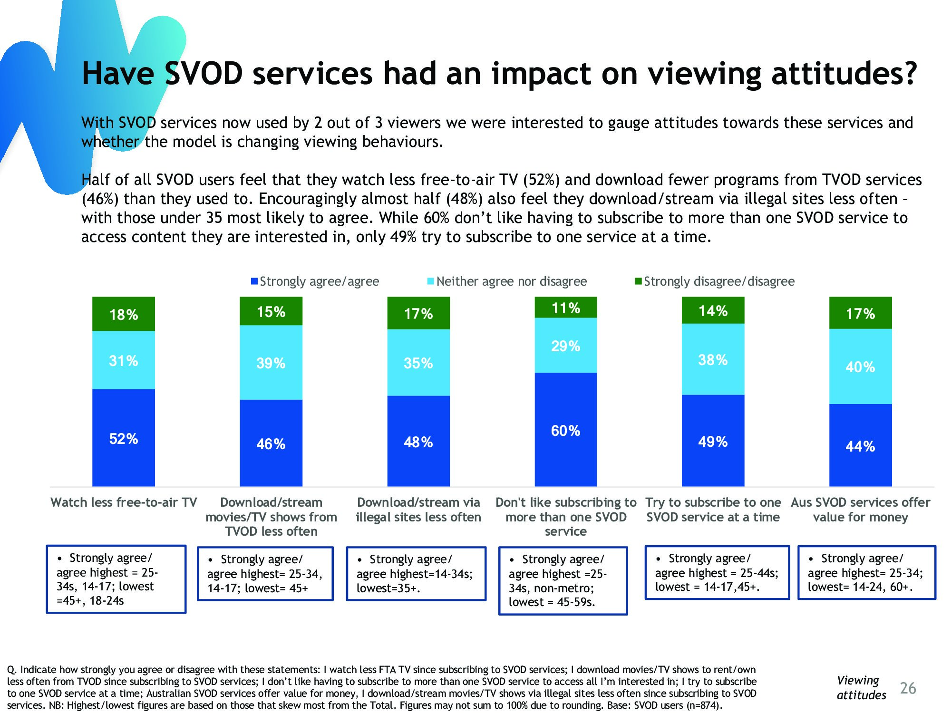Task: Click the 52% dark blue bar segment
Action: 124,438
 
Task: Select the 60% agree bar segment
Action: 565,430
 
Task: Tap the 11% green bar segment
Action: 565,308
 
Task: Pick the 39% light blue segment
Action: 271,363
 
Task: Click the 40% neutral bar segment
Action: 860,366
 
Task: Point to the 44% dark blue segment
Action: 860,445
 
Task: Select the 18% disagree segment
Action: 124,314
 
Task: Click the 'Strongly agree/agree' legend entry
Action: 315,281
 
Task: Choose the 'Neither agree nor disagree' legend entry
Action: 507,281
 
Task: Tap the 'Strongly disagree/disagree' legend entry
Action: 715,281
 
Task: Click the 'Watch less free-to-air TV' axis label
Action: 124,502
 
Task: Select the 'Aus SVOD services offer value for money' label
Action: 860,510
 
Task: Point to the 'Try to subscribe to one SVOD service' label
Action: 713,510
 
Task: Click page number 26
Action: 908,688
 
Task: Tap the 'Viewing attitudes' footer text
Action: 861,687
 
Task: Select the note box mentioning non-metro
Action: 563,580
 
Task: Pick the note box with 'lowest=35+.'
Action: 416,574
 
